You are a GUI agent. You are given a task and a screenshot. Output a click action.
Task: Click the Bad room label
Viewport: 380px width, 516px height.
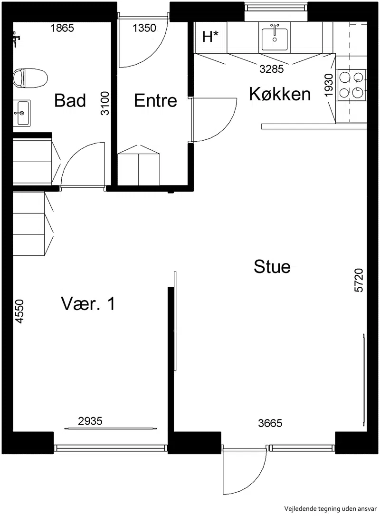tap(70, 100)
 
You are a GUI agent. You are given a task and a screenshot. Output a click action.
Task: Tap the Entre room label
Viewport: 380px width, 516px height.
tap(155, 100)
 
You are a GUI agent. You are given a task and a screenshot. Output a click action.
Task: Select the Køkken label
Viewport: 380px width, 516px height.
tap(280, 94)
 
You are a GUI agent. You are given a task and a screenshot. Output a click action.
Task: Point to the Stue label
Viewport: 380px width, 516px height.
tap(272, 266)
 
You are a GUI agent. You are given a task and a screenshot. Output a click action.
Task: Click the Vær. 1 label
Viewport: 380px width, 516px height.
tap(88, 303)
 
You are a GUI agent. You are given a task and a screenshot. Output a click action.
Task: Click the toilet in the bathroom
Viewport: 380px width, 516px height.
tap(30, 78)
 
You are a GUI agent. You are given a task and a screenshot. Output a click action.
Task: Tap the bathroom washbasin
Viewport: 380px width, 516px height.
tap(22, 113)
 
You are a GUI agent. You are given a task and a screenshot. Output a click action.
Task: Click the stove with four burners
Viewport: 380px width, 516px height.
tap(351, 85)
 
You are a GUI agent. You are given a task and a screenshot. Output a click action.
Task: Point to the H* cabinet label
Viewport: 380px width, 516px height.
tap(210, 37)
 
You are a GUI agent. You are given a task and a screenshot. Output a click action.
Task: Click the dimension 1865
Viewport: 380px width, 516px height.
tap(62, 28)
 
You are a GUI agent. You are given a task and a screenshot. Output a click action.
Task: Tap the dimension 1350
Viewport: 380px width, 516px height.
tap(144, 28)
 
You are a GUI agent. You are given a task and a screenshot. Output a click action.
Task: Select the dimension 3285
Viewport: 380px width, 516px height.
tap(272, 69)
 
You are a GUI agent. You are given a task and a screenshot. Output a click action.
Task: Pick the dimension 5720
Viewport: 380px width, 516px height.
tap(359, 281)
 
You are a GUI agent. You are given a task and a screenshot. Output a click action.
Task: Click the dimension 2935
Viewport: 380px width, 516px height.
tap(90, 421)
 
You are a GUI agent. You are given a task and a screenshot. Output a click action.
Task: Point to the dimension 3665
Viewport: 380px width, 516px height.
tap(270, 423)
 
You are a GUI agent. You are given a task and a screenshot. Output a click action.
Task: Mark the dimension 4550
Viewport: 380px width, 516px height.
tap(19, 312)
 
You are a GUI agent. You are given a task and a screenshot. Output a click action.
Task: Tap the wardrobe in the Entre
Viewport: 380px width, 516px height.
tap(139, 165)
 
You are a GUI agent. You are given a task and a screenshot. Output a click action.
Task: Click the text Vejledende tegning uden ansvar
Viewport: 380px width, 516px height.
tap(331, 509)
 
